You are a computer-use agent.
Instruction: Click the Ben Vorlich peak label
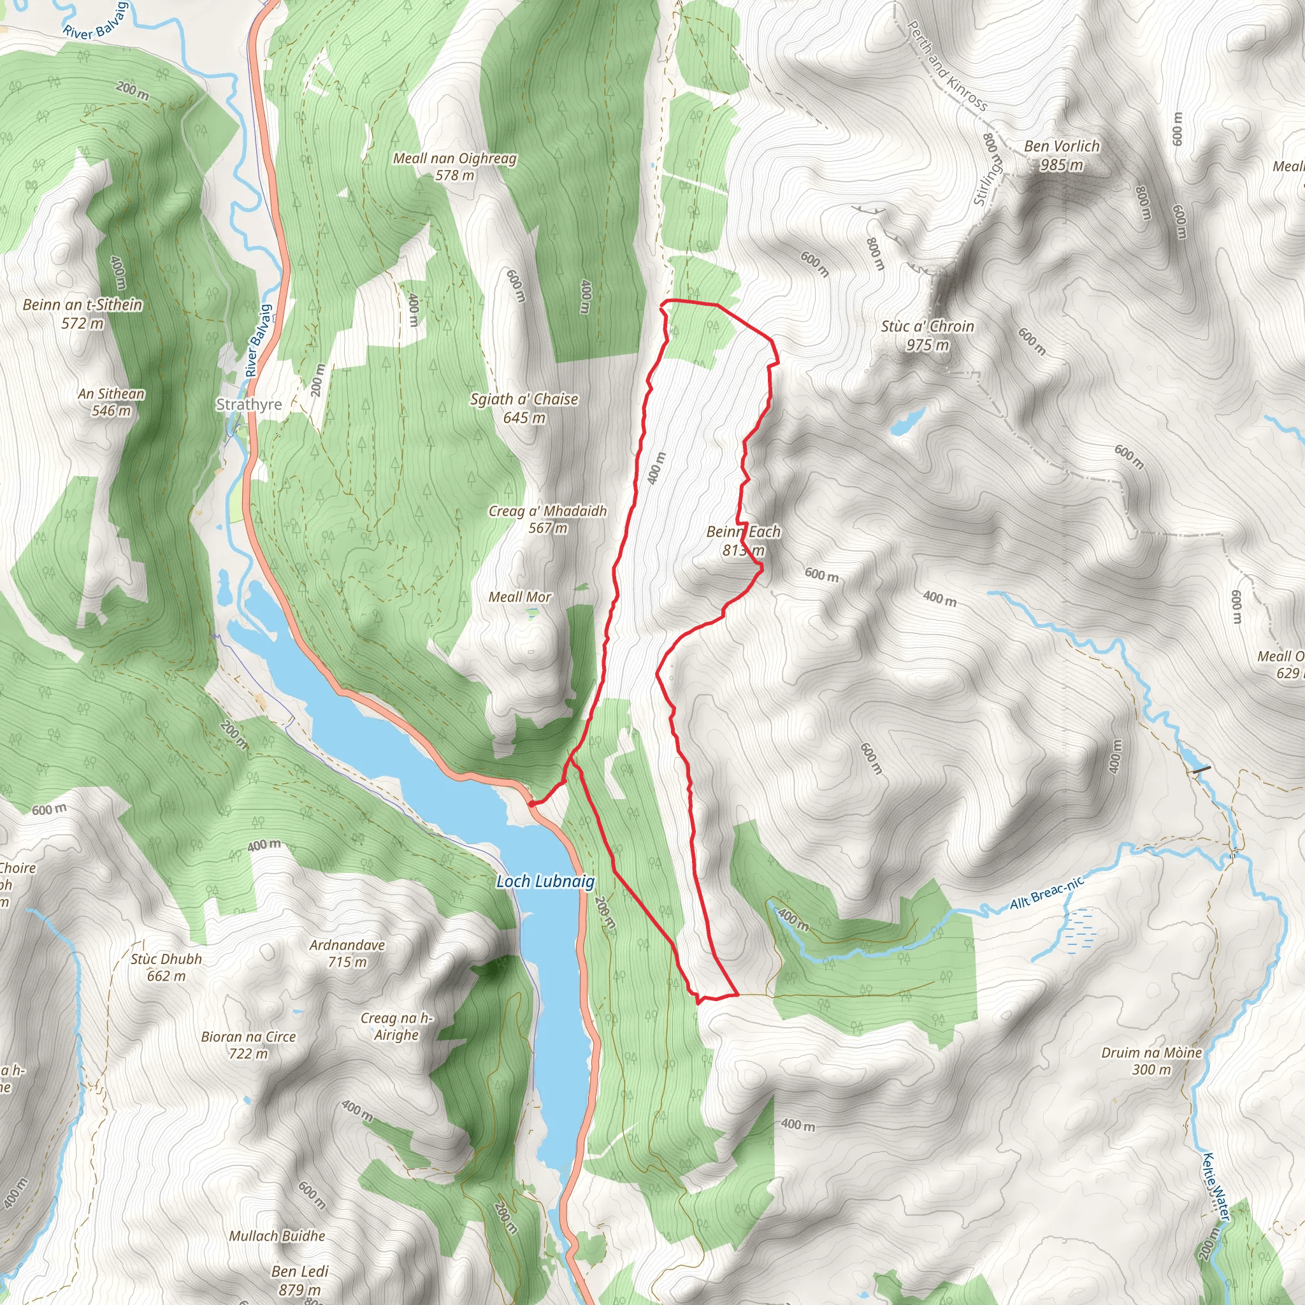pyautogui.click(x=1061, y=155)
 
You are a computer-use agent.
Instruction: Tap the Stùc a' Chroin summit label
pyautogui.click(x=926, y=335)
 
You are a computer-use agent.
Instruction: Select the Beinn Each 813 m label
pyautogui.click(x=743, y=540)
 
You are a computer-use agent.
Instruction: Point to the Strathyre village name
pyautogui.click(x=249, y=404)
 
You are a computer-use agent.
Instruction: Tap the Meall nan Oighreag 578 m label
pyautogui.click(x=454, y=166)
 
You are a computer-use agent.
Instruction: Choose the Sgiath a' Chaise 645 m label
pyautogui.click(x=524, y=408)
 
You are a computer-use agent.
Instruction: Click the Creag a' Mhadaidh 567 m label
pyautogui.click(x=547, y=519)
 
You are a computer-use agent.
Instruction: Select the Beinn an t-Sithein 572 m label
pyautogui.click(x=82, y=314)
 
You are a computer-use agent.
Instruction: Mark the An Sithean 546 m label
pyautogui.click(x=111, y=402)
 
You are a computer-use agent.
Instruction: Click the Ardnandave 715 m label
pyautogui.click(x=347, y=953)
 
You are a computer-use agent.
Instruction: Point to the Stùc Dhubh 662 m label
pyautogui.click(x=166, y=967)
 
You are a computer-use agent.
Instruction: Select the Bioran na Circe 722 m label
pyautogui.click(x=249, y=1045)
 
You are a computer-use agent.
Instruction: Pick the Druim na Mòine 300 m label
pyautogui.click(x=1151, y=1060)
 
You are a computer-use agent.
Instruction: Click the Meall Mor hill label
pyautogui.click(x=519, y=597)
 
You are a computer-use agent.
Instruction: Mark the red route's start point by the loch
pyautogui.click(x=531, y=804)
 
